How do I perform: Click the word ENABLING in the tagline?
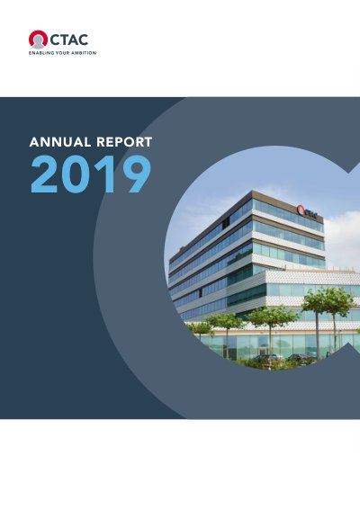(41, 53)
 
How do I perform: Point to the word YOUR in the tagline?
(62, 53)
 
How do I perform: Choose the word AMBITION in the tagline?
(84, 53)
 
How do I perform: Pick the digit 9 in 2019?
(135, 174)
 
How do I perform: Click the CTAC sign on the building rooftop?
(307, 211)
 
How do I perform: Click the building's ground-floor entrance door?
(263, 352)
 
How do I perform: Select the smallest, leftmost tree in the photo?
(201, 328)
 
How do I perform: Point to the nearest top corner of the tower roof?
(252, 191)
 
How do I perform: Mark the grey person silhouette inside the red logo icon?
(39, 42)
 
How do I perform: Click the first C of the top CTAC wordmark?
(54, 40)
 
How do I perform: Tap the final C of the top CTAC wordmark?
(83, 40)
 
